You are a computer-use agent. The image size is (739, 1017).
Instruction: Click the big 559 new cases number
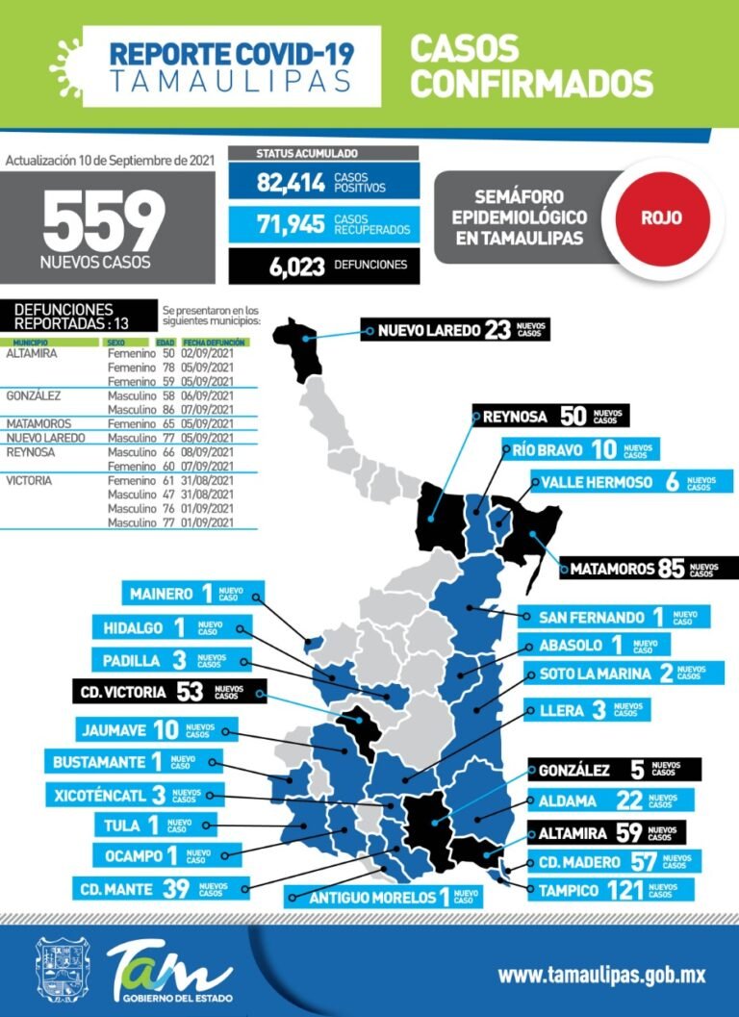104,222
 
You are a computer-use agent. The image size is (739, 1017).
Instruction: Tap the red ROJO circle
662,217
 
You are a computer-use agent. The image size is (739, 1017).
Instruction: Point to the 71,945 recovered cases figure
290,225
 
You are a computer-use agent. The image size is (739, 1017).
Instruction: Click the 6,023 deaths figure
291,267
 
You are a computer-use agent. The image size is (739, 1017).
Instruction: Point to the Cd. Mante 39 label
154,889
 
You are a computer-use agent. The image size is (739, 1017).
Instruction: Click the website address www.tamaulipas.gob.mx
601,975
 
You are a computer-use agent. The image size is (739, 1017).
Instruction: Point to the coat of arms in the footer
60,972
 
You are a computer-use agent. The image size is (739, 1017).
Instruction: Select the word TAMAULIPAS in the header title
230,80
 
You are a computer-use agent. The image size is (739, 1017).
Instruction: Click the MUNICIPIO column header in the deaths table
31,342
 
